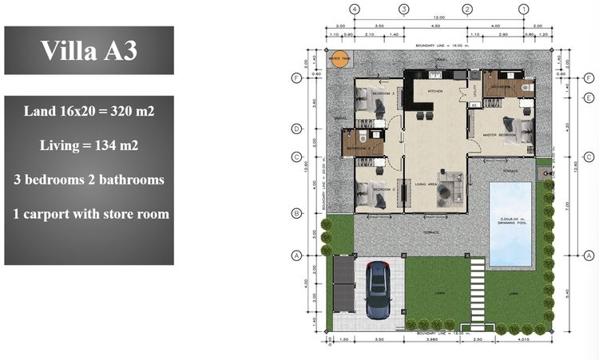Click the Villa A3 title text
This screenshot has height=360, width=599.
click(x=89, y=50)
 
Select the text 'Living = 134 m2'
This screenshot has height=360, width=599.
click(x=89, y=145)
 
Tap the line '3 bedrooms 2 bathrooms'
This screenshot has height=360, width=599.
click(x=89, y=180)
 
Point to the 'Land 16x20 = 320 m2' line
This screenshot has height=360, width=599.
click(x=89, y=111)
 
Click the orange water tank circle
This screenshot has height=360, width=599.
click(x=340, y=61)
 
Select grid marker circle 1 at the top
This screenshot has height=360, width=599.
click(x=523, y=10)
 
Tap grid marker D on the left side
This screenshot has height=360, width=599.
click(x=296, y=129)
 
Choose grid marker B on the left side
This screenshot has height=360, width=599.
click(x=296, y=213)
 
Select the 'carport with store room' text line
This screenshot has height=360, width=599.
click(x=89, y=214)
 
